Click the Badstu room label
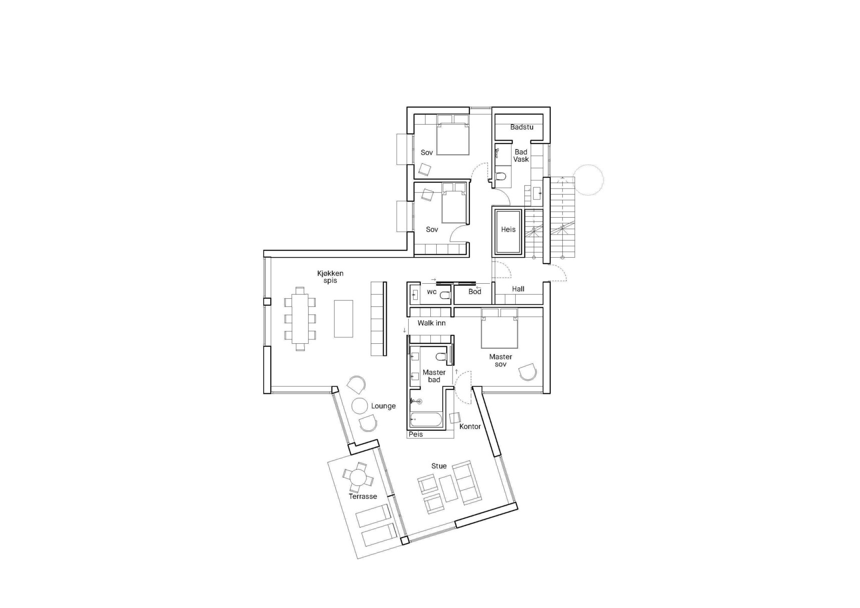pyautogui.click(x=521, y=127)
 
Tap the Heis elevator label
pyautogui.click(x=508, y=230)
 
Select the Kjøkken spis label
pyautogui.click(x=330, y=277)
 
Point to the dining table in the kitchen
pyautogui.click(x=300, y=319)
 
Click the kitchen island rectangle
pyautogui.click(x=343, y=319)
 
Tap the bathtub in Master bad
pyautogui.click(x=426, y=419)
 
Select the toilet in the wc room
pyautogui.click(x=444, y=296)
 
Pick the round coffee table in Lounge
pyautogui.click(x=360, y=406)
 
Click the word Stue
pyautogui.click(x=439, y=466)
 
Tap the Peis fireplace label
pyautogui.click(x=416, y=434)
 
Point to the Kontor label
pyautogui.click(x=470, y=427)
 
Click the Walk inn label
pyautogui.click(x=431, y=323)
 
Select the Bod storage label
pyautogui.click(x=474, y=292)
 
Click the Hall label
pyautogui.click(x=518, y=289)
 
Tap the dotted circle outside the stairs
pyautogui.click(x=588, y=180)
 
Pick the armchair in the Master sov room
pyautogui.click(x=528, y=372)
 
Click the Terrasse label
pyautogui.click(x=363, y=496)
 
